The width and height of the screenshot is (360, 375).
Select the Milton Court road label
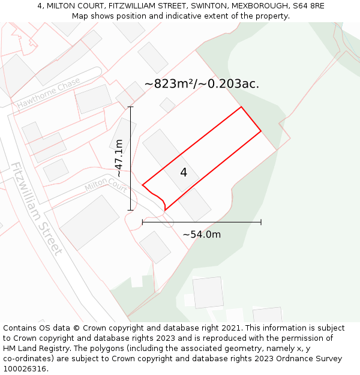106,184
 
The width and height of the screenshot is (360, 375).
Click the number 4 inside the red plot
184,173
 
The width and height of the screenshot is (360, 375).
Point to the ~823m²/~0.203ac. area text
202,84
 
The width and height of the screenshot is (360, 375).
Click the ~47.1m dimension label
119,158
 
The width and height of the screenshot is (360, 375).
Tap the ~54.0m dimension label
202,235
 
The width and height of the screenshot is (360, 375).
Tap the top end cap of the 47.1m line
131,107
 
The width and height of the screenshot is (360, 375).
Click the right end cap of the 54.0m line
261,223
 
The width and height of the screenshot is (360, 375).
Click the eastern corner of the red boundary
261,131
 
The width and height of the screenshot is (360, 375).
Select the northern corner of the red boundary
241,107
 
